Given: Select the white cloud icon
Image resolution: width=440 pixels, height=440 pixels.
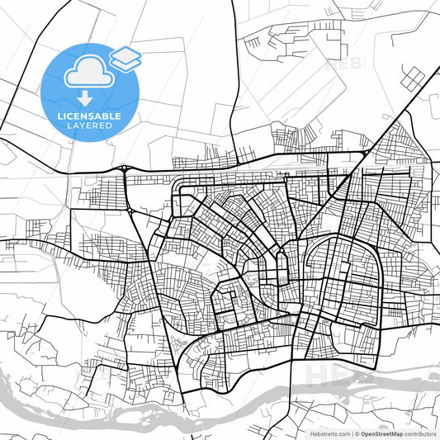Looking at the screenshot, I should [87, 73].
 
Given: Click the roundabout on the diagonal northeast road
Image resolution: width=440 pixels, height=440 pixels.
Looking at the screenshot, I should [366, 152].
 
